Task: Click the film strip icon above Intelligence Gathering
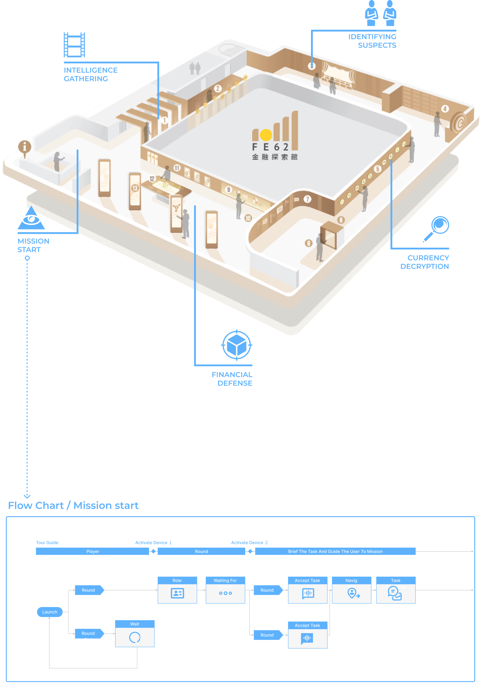click(74, 45)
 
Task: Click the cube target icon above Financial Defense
click(237, 345)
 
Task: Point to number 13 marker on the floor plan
click(135, 188)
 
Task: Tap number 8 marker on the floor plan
click(308, 243)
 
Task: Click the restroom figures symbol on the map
click(195, 69)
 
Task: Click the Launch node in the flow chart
click(50, 612)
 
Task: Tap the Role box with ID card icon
click(177, 590)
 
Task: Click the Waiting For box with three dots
click(225, 590)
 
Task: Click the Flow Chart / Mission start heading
click(73, 505)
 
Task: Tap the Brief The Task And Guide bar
click(335, 551)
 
